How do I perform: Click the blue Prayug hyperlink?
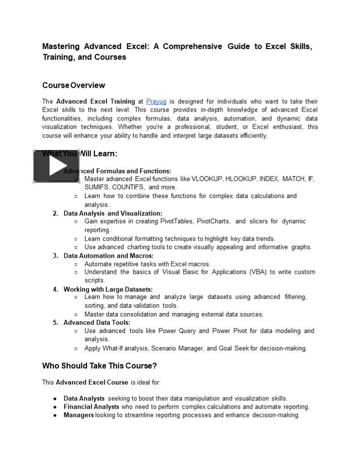click(156, 101)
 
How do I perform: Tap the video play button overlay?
click(55, 166)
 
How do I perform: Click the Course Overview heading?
click(73, 85)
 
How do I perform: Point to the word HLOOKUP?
click(240, 179)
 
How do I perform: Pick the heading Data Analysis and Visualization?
click(113, 213)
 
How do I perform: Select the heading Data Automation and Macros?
click(108, 255)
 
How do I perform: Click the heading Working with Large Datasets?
click(108, 289)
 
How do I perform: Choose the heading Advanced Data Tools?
click(97, 322)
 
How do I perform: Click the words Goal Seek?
click(234, 348)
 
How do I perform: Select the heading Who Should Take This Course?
click(99, 366)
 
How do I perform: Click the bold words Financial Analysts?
click(91, 407)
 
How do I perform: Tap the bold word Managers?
click(79, 415)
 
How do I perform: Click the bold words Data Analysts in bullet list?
click(84, 399)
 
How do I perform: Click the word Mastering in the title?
click(61, 47)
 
